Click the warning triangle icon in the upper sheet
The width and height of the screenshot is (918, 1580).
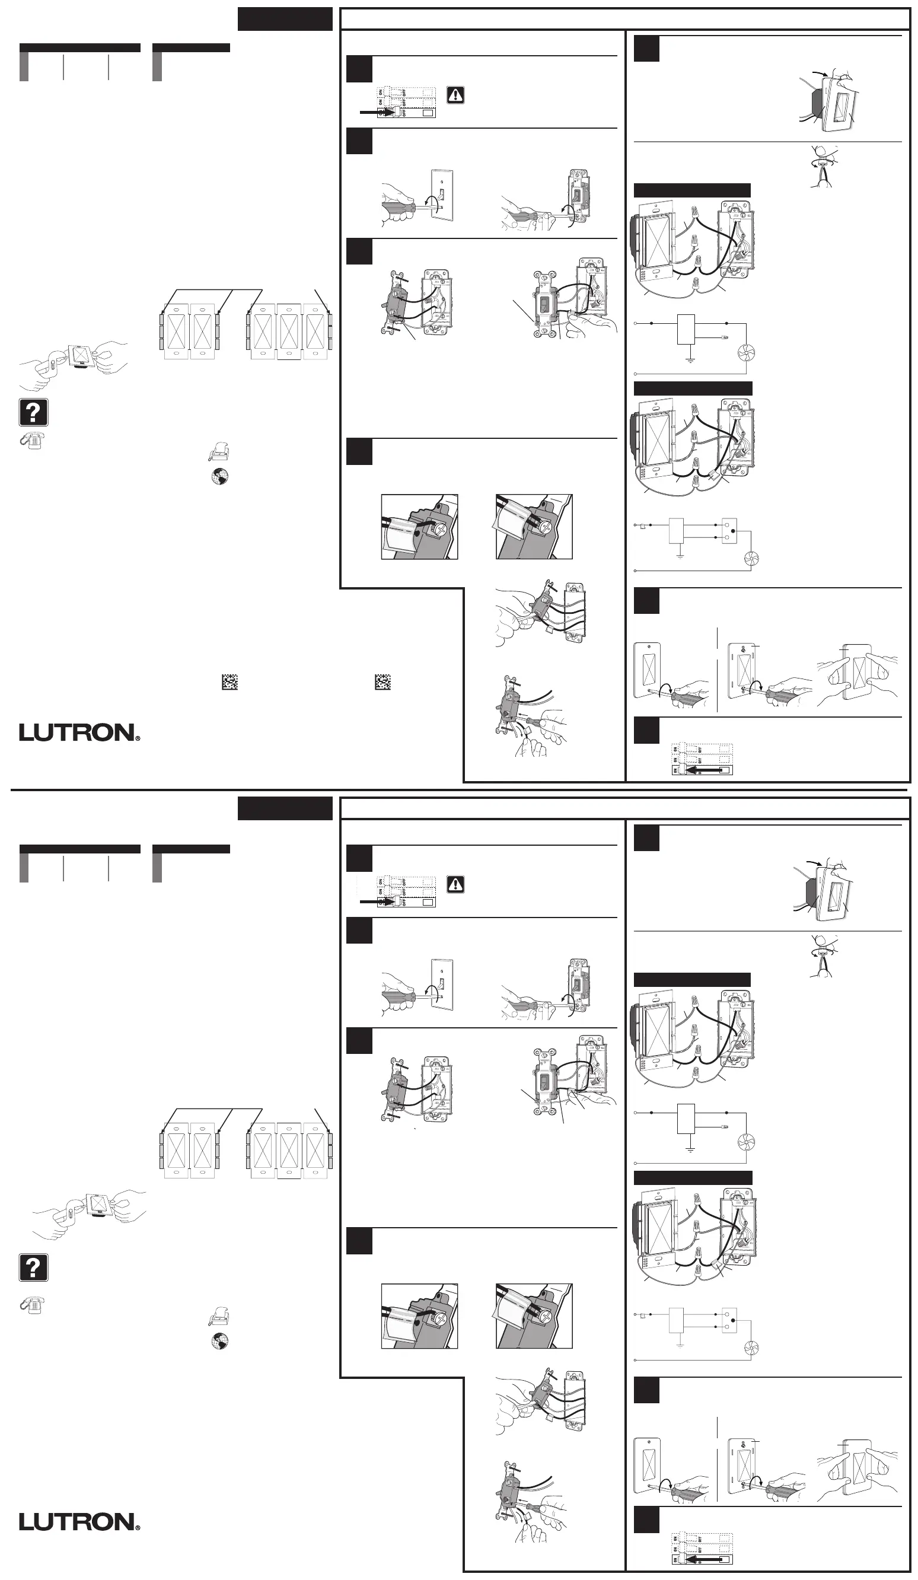(x=455, y=95)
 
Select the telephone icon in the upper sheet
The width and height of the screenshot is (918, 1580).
(x=32, y=441)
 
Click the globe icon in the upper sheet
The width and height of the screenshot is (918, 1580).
(x=219, y=476)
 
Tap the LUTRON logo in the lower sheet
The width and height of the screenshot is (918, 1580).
(x=79, y=1522)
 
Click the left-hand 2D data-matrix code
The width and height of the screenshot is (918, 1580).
(x=230, y=682)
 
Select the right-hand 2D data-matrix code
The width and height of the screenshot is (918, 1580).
(x=383, y=682)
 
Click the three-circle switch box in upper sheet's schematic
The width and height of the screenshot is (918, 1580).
(x=729, y=530)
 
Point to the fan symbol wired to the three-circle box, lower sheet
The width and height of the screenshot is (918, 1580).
(x=751, y=1348)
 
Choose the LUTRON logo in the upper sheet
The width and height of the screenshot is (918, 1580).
(x=79, y=732)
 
